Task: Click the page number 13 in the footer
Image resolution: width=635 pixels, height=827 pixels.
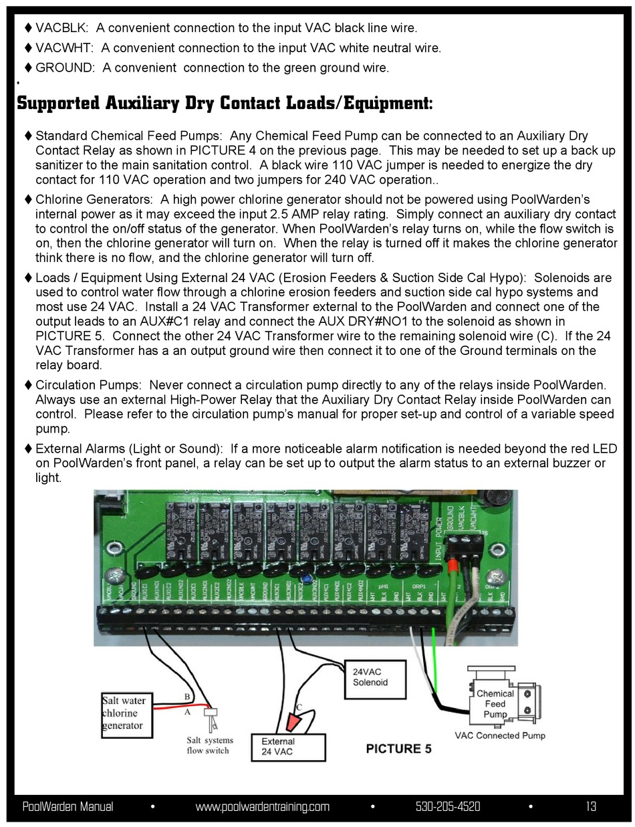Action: tap(591, 806)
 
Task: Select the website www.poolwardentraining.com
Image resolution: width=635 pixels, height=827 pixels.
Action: tap(262, 806)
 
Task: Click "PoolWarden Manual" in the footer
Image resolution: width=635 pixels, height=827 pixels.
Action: tap(68, 806)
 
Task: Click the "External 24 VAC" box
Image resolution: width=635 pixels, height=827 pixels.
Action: tap(288, 747)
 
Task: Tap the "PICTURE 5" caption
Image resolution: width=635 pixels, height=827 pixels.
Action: tap(398, 749)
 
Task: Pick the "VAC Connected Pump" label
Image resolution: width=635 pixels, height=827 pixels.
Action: tap(500, 735)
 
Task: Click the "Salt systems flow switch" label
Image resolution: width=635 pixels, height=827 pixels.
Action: tap(210, 745)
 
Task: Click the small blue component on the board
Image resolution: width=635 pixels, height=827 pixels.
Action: tap(304, 578)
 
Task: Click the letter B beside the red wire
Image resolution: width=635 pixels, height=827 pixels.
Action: tap(186, 697)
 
